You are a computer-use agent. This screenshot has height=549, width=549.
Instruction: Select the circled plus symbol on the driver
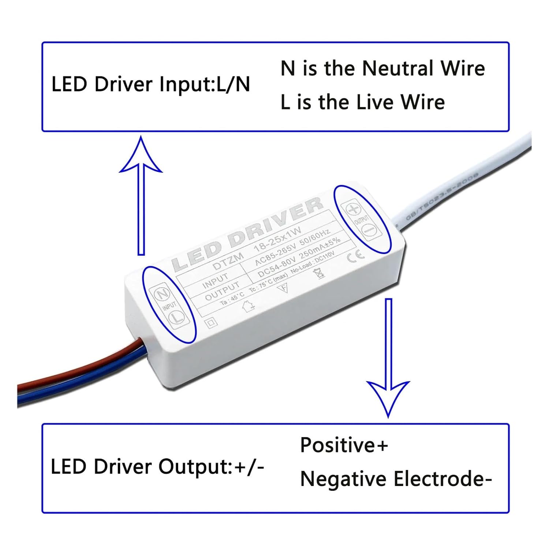pyautogui.click(x=353, y=210)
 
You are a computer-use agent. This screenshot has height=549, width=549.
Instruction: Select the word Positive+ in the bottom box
pyautogui.click(x=344, y=445)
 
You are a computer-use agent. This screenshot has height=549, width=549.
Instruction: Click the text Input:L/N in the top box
pyautogui.click(x=205, y=85)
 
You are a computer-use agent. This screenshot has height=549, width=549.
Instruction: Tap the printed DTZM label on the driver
pyautogui.click(x=228, y=261)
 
